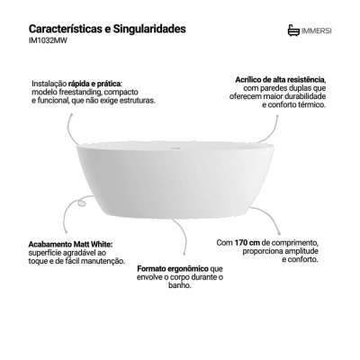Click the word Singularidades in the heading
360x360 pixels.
coord(149,30)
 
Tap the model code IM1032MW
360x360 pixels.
coord(48,41)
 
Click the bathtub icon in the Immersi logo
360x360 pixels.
coord(293,31)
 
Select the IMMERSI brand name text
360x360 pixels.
coord(317,31)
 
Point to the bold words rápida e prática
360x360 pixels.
coord(95,83)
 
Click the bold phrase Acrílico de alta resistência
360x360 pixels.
coord(281,80)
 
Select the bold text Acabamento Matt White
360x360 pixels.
coord(71,244)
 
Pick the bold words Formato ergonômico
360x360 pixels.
coord(173,268)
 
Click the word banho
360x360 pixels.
coord(180,285)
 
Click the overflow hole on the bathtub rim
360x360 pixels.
coord(175,148)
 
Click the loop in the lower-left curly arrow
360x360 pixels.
coord(81,202)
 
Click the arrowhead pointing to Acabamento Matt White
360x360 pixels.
coord(66,231)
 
